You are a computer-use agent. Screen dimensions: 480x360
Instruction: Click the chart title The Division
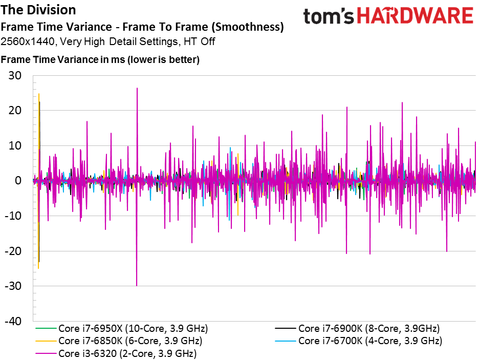38,10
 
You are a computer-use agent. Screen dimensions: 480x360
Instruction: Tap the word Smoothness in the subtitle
249,27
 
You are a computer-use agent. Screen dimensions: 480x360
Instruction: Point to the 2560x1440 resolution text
28,41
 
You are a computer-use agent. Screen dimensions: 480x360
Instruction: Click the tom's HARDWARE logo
388,16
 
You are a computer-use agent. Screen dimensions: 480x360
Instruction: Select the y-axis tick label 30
15,75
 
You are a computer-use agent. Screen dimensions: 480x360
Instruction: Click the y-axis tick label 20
15,110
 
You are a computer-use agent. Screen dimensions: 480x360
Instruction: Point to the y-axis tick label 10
15,145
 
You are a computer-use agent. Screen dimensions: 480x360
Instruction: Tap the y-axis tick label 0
18,180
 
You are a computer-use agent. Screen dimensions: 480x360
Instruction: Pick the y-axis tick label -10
13,216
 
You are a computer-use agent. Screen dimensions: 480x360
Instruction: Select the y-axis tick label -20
13,251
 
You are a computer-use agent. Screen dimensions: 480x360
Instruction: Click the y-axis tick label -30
13,286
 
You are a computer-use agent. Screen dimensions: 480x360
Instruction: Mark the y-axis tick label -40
13,321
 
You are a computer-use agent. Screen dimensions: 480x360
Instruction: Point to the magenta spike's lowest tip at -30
137,286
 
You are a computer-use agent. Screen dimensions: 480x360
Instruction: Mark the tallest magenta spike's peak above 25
137,88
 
